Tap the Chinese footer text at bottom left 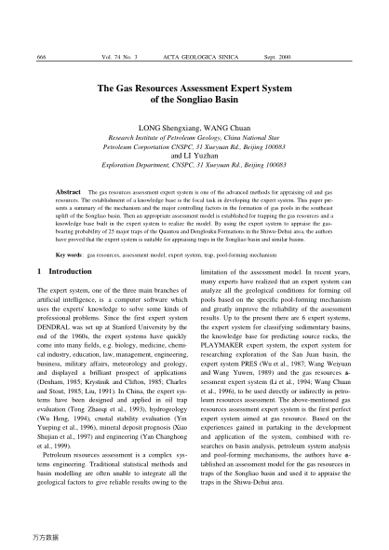(x=43, y=539)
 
